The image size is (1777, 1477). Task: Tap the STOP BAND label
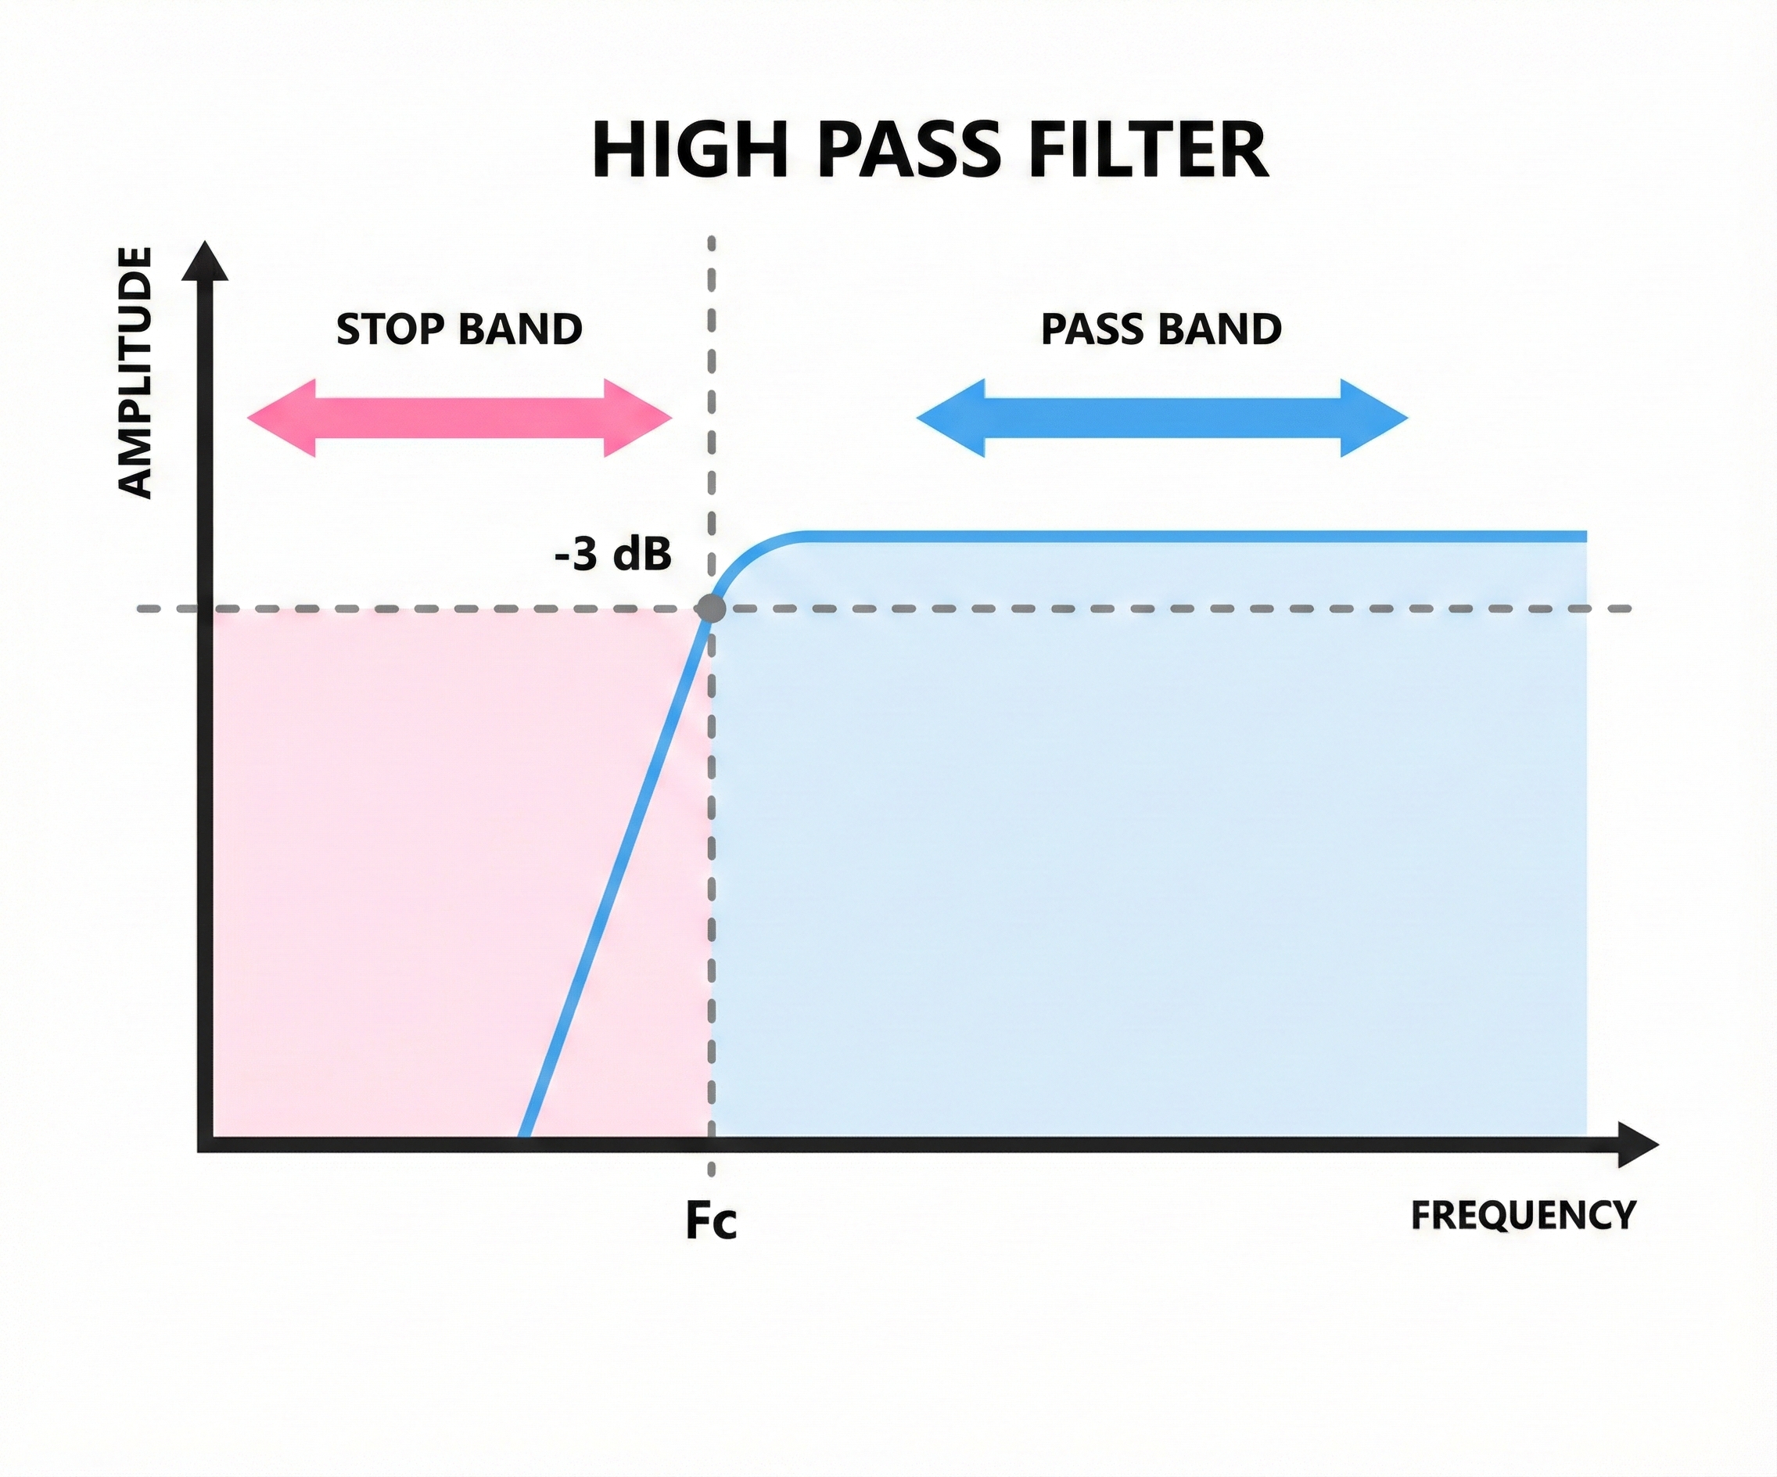tap(458, 329)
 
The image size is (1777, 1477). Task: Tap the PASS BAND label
tap(1161, 329)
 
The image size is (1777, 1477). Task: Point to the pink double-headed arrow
tap(458, 418)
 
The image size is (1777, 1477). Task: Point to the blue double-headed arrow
tap(1161, 418)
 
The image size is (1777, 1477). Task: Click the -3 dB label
tap(612, 555)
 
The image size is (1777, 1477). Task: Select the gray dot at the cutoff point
tap(710, 609)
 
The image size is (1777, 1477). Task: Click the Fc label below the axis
tap(711, 1220)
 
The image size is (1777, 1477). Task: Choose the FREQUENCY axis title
tap(1523, 1216)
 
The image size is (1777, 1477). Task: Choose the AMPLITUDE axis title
tap(135, 372)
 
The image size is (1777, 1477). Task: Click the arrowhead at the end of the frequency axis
tap(1637, 1145)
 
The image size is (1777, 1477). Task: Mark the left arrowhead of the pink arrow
tap(279, 418)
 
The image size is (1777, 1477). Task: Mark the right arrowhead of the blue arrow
tap(1375, 418)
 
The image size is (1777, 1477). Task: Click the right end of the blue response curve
tap(1584, 537)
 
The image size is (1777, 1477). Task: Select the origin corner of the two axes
tap(205, 1145)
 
